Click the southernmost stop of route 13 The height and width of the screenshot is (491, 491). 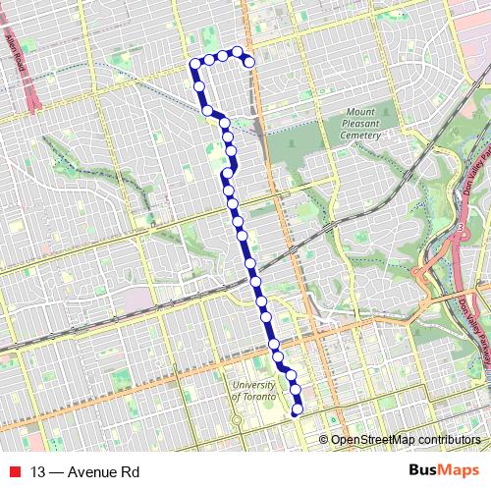[x=298, y=413]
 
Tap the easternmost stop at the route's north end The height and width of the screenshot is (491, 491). [x=249, y=62]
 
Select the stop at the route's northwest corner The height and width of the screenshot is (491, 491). [x=194, y=65]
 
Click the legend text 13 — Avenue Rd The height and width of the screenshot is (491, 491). [x=84, y=472]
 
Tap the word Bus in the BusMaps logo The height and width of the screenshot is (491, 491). [x=425, y=471]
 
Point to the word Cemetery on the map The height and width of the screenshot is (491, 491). [x=362, y=136]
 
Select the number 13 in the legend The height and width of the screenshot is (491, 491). [x=38, y=472]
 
